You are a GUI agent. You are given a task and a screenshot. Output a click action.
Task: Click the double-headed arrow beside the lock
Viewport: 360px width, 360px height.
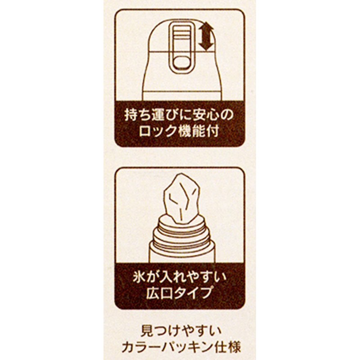tap(206, 37)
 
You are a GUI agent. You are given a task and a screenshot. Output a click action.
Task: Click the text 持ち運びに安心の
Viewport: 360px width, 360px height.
tap(180, 115)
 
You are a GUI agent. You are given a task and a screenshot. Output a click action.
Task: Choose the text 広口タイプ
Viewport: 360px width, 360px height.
tap(180, 293)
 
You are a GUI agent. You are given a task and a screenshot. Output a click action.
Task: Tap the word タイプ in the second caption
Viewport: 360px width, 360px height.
tap(194, 293)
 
